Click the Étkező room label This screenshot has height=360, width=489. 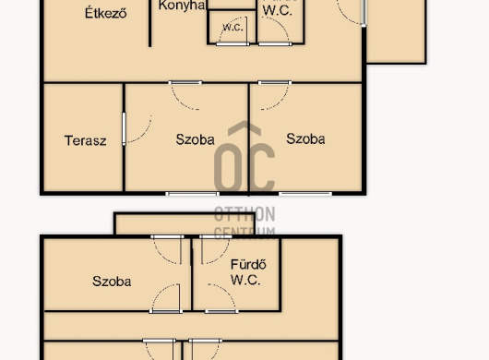[105, 13]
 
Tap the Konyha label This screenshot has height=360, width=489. [182, 6]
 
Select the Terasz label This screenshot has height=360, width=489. [86, 141]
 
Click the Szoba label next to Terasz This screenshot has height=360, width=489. [195, 140]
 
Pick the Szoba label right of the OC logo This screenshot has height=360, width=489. [305, 139]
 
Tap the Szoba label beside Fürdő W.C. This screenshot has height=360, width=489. [112, 282]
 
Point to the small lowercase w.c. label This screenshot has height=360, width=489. [232, 28]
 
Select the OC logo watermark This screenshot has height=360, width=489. [244, 159]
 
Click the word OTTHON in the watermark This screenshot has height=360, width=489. [244, 213]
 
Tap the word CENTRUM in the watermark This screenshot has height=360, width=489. [244, 230]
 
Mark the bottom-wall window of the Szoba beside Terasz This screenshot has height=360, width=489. [193, 193]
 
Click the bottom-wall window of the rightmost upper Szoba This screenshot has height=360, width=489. [305, 193]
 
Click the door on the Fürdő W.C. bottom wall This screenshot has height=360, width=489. [222, 300]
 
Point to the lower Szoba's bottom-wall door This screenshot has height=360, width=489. [166, 299]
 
